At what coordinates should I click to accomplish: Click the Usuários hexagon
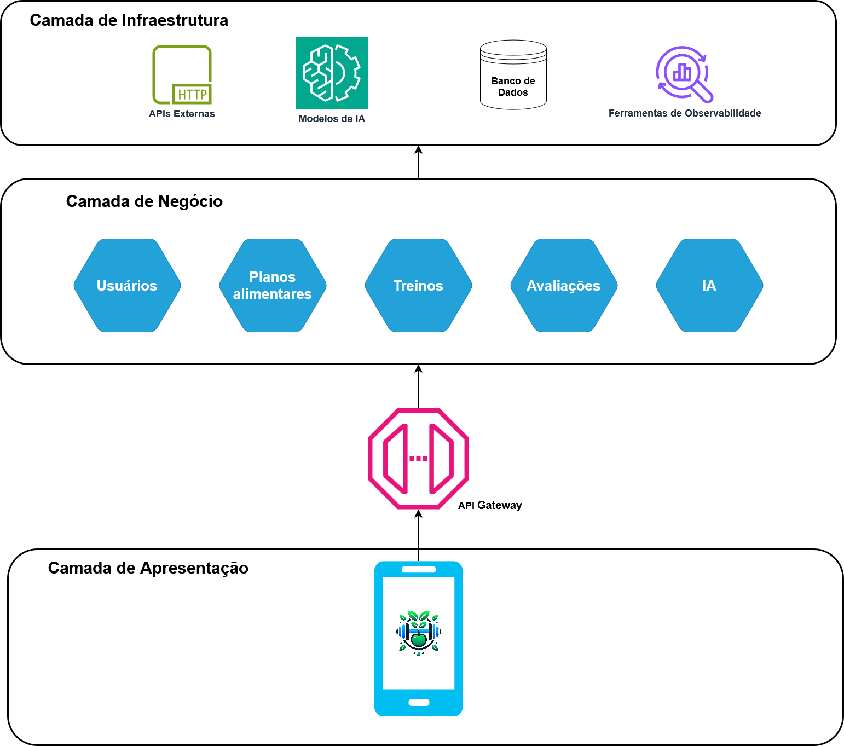tap(127, 285)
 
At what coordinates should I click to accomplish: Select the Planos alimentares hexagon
tap(273, 285)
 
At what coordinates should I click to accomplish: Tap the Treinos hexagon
tap(418, 285)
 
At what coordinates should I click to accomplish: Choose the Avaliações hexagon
tap(564, 285)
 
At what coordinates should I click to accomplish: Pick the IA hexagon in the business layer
tap(709, 285)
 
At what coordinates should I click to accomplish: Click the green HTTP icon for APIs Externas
tap(182, 74)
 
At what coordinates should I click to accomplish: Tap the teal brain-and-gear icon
tap(332, 73)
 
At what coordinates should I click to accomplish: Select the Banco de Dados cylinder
tap(513, 74)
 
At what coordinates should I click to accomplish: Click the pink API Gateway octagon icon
tap(418, 458)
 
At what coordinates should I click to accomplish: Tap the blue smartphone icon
tap(418, 638)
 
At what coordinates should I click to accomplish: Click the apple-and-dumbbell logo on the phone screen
tap(419, 633)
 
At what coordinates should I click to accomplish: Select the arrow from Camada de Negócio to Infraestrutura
tap(419, 162)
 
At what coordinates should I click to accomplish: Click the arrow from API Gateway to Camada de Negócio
tap(419, 386)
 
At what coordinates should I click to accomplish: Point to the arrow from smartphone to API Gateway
tap(419, 535)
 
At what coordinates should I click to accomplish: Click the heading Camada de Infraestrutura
tap(129, 20)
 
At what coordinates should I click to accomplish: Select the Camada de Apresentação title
tap(148, 568)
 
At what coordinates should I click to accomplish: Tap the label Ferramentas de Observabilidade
tap(684, 113)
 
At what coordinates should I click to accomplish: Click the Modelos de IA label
tap(332, 119)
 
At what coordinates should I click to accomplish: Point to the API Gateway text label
tap(490, 505)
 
